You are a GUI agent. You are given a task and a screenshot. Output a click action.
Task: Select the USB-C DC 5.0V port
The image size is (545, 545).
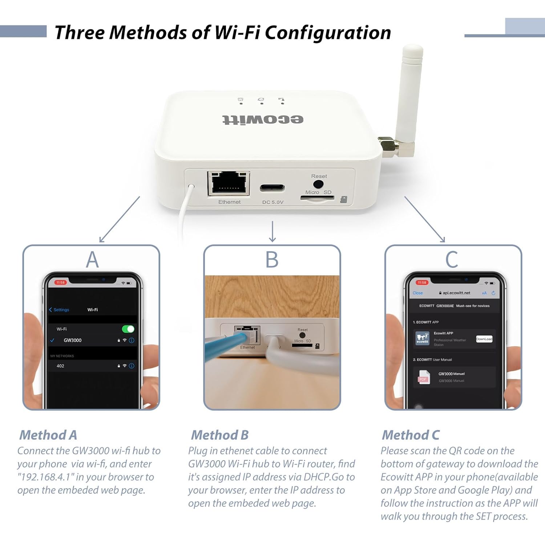pos(272,188)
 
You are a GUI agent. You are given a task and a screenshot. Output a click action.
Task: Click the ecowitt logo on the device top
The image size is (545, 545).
pos(263,120)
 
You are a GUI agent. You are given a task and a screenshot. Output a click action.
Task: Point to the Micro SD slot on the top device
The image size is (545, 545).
pos(317,198)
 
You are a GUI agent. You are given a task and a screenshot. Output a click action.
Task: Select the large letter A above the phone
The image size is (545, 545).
pos(92,260)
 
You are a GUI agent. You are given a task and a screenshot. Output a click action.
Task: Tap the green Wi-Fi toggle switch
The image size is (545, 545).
pos(128,329)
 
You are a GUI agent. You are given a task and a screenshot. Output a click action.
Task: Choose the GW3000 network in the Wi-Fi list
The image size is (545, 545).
pos(73,340)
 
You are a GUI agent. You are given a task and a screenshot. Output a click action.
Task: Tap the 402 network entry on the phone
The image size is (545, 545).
pos(61,366)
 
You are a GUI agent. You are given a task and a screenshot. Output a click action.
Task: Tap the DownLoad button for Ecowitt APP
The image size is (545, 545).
pos(484,339)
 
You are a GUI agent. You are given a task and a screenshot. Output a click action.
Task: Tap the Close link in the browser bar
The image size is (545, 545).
pos(417,293)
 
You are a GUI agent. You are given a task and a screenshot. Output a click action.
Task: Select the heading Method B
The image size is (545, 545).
pos(220,435)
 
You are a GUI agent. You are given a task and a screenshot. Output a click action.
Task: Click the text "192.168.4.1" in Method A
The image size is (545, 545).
pos(45,477)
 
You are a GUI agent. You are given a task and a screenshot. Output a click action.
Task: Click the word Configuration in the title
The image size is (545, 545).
pos(327,33)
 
